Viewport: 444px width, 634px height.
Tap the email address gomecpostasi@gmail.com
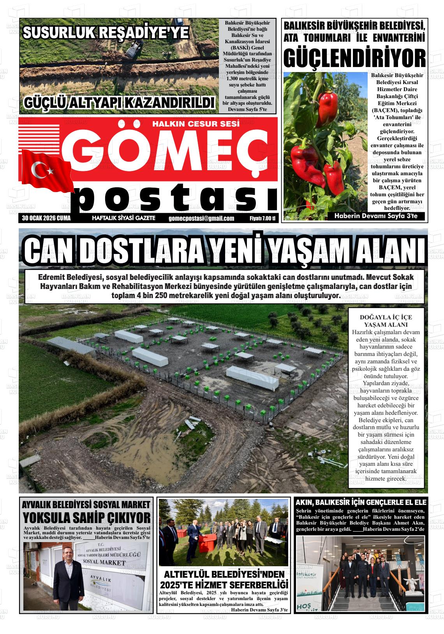point(201,218)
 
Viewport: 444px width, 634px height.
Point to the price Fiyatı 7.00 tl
point(262,218)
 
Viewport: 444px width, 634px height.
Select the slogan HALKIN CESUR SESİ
point(196,124)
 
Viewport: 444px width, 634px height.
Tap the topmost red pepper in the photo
point(328,104)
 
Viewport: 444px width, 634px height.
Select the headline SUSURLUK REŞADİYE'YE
point(106,33)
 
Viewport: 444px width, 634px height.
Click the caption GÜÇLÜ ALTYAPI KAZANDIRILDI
point(119,102)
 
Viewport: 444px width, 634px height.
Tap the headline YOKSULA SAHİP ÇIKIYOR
point(86,518)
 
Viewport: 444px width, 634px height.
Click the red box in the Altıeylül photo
point(207,540)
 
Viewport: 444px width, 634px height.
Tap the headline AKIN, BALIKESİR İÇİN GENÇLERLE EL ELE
point(361,502)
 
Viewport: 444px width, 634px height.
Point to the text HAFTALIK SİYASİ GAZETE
point(123,218)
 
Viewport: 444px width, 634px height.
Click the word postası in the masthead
point(177,199)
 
